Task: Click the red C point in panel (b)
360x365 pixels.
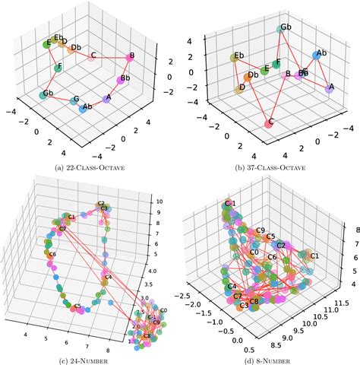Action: [x=269, y=122]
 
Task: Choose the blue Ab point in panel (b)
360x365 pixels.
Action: [x=315, y=56]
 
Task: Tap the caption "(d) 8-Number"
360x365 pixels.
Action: [x=270, y=357]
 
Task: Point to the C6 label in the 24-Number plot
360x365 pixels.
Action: [x=51, y=254]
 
